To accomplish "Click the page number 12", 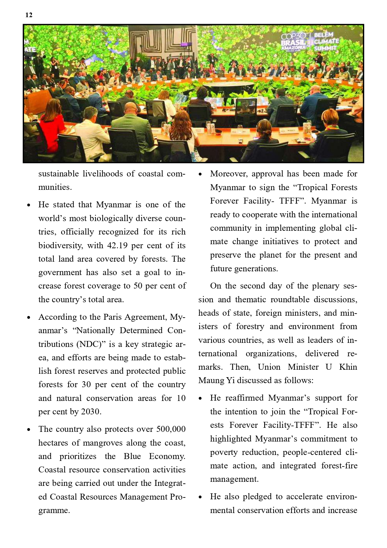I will (x=29, y=15).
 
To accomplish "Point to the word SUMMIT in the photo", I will (x=326, y=48).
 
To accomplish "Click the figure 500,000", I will (x=171, y=429).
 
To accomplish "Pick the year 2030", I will (x=91, y=412).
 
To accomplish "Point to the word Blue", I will (x=132, y=456).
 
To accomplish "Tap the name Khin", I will (x=348, y=367).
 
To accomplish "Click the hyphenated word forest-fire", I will (x=339, y=466).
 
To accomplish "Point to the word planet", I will (x=270, y=255).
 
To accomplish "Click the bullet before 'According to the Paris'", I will (x=29, y=318).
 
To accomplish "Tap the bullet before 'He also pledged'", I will (x=201, y=497).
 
